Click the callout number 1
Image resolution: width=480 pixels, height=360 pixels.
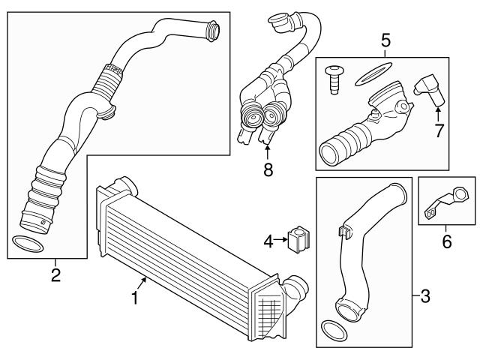(x=135, y=298)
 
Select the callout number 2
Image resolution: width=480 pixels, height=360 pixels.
(x=55, y=275)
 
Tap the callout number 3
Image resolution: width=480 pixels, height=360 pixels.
(x=424, y=296)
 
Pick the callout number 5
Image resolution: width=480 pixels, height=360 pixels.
(x=385, y=40)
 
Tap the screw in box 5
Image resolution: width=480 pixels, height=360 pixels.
(x=334, y=79)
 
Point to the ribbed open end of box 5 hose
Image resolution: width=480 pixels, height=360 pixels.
(x=330, y=154)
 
